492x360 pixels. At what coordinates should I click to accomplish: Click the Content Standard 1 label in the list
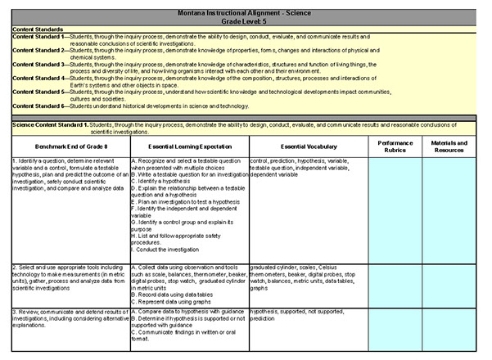[x=38, y=37]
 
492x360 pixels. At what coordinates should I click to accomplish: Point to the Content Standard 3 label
[x=38, y=64]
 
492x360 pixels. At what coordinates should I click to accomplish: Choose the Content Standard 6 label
[x=38, y=106]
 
